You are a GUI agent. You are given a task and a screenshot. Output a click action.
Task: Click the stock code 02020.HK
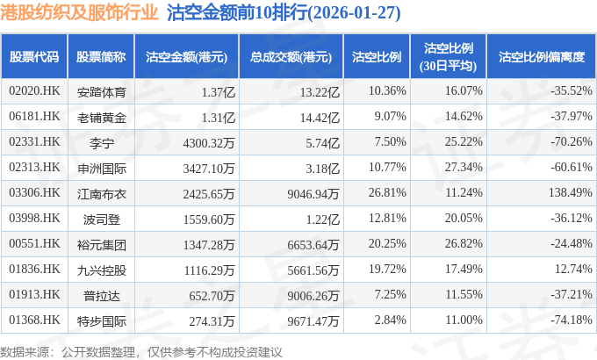point(34,90)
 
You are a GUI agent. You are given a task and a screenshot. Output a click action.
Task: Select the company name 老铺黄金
point(101,116)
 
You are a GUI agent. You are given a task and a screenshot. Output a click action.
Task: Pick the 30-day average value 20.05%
point(464,218)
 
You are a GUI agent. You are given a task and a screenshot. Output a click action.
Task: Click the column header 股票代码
point(34,57)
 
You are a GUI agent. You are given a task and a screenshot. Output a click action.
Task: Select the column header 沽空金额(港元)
point(186,57)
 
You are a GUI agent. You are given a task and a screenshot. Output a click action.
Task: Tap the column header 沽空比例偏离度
point(541,57)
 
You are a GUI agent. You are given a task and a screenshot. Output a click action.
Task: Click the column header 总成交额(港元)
point(290,57)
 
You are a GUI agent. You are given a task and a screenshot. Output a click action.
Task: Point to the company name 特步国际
point(101,320)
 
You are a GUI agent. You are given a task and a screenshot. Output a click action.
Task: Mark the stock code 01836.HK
point(34,270)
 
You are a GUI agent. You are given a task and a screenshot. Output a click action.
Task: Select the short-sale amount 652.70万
point(212,295)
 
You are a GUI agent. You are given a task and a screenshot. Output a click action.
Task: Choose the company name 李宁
point(101,141)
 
